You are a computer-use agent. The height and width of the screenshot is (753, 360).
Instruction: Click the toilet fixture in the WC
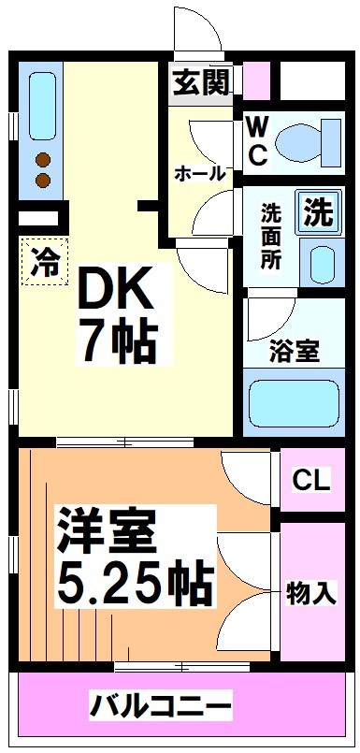pyautogui.click(x=309, y=141)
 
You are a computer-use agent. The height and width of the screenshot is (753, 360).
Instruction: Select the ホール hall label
pyautogui.click(x=199, y=173)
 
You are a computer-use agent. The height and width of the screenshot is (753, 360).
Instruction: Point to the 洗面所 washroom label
pyautogui.click(x=271, y=237)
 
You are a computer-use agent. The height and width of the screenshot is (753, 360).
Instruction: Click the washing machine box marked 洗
pyautogui.click(x=318, y=213)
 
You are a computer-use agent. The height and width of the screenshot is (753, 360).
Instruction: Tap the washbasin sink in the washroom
pyautogui.click(x=321, y=263)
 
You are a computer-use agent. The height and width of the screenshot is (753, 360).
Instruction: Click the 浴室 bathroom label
pyautogui.click(x=295, y=352)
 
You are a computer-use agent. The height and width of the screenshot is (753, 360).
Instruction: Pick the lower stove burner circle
pyautogui.click(x=43, y=178)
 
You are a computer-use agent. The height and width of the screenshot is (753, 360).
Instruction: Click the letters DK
pyautogui.click(x=115, y=294)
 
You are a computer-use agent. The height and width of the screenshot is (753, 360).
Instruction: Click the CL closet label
pyautogui.click(x=310, y=481)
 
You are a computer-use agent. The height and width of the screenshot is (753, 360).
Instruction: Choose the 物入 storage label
pyautogui.click(x=311, y=592)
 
